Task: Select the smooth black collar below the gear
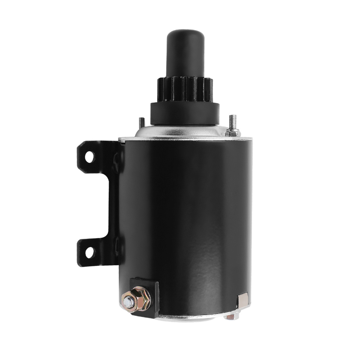click(x=185, y=113)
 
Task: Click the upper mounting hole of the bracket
click(x=89, y=157)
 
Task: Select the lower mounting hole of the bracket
click(x=89, y=252)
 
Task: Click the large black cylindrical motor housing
click(x=187, y=216)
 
